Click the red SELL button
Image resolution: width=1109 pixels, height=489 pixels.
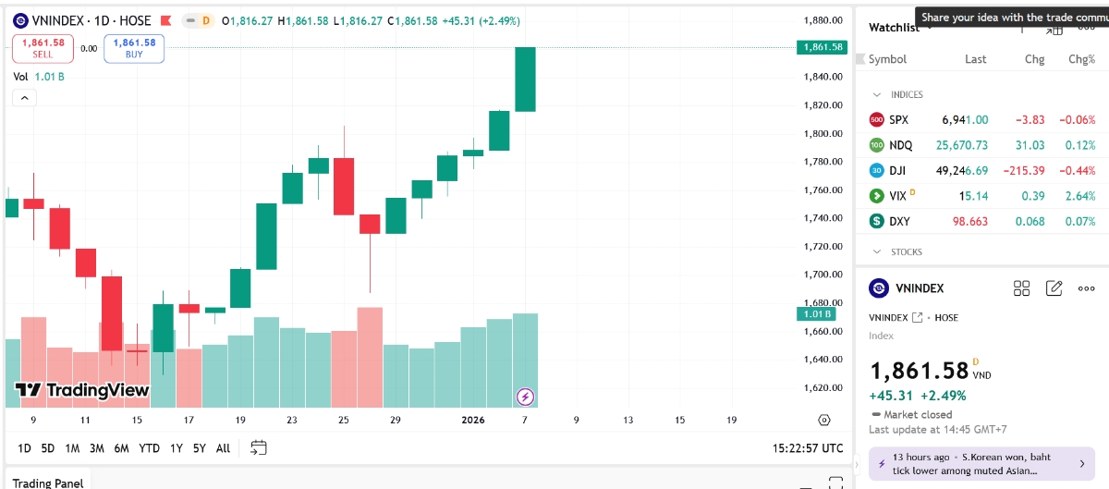click(43, 48)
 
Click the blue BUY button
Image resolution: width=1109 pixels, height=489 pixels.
click(134, 48)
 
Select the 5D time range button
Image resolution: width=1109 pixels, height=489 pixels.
click(48, 448)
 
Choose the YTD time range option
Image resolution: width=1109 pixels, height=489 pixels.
click(149, 448)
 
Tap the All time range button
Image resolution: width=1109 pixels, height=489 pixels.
click(223, 448)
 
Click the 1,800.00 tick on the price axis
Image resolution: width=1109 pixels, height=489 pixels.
click(823, 133)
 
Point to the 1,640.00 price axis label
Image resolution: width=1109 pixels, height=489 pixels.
click(823, 360)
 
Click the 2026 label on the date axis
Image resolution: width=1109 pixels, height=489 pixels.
click(473, 420)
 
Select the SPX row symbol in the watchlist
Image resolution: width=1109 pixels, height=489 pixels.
click(898, 120)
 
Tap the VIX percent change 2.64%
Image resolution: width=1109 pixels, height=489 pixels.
click(1080, 196)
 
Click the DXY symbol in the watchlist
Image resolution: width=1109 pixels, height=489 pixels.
click(898, 222)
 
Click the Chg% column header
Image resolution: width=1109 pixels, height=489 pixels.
click(1081, 59)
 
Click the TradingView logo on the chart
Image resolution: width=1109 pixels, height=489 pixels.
click(82, 390)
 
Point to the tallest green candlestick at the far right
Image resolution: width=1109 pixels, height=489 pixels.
click(525, 79)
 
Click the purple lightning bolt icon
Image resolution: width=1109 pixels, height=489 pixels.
click(525, 397)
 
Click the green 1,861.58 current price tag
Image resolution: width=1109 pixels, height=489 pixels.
click(822, 47)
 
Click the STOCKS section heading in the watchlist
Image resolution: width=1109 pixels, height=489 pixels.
click(906, 251)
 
